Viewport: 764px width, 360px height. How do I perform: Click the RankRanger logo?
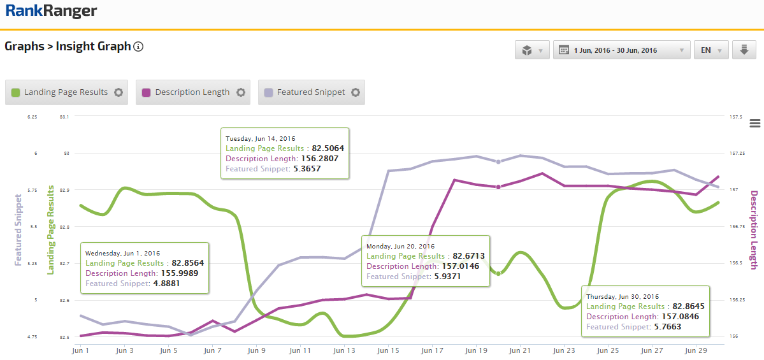[51, 11]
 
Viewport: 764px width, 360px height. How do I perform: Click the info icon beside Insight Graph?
[138, 47]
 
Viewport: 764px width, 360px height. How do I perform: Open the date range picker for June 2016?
[621, 50]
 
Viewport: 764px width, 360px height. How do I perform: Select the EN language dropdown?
[710, 50]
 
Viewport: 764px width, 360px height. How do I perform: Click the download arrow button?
[744, 50]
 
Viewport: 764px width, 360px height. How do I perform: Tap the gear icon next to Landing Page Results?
[119, 92]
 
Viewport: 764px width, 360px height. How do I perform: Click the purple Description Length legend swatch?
[146, 92]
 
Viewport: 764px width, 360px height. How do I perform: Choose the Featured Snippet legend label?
[311, 92]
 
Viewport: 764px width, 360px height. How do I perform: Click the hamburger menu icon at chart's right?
[756, 123]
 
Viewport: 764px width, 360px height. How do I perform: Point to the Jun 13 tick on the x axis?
[344, 350]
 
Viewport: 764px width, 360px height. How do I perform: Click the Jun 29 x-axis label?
[695, 350]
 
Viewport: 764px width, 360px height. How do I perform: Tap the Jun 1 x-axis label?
[81, 350]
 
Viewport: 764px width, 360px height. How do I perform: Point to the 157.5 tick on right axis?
[737, 117]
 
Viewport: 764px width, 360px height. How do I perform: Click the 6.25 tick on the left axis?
[32, 117]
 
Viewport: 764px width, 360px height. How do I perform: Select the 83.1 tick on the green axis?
[64, 117]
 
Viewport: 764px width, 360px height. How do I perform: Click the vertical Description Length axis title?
[754, 229]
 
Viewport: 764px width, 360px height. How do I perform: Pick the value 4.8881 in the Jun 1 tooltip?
[170, 283]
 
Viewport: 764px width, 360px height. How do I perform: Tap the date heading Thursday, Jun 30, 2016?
[622, 296]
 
